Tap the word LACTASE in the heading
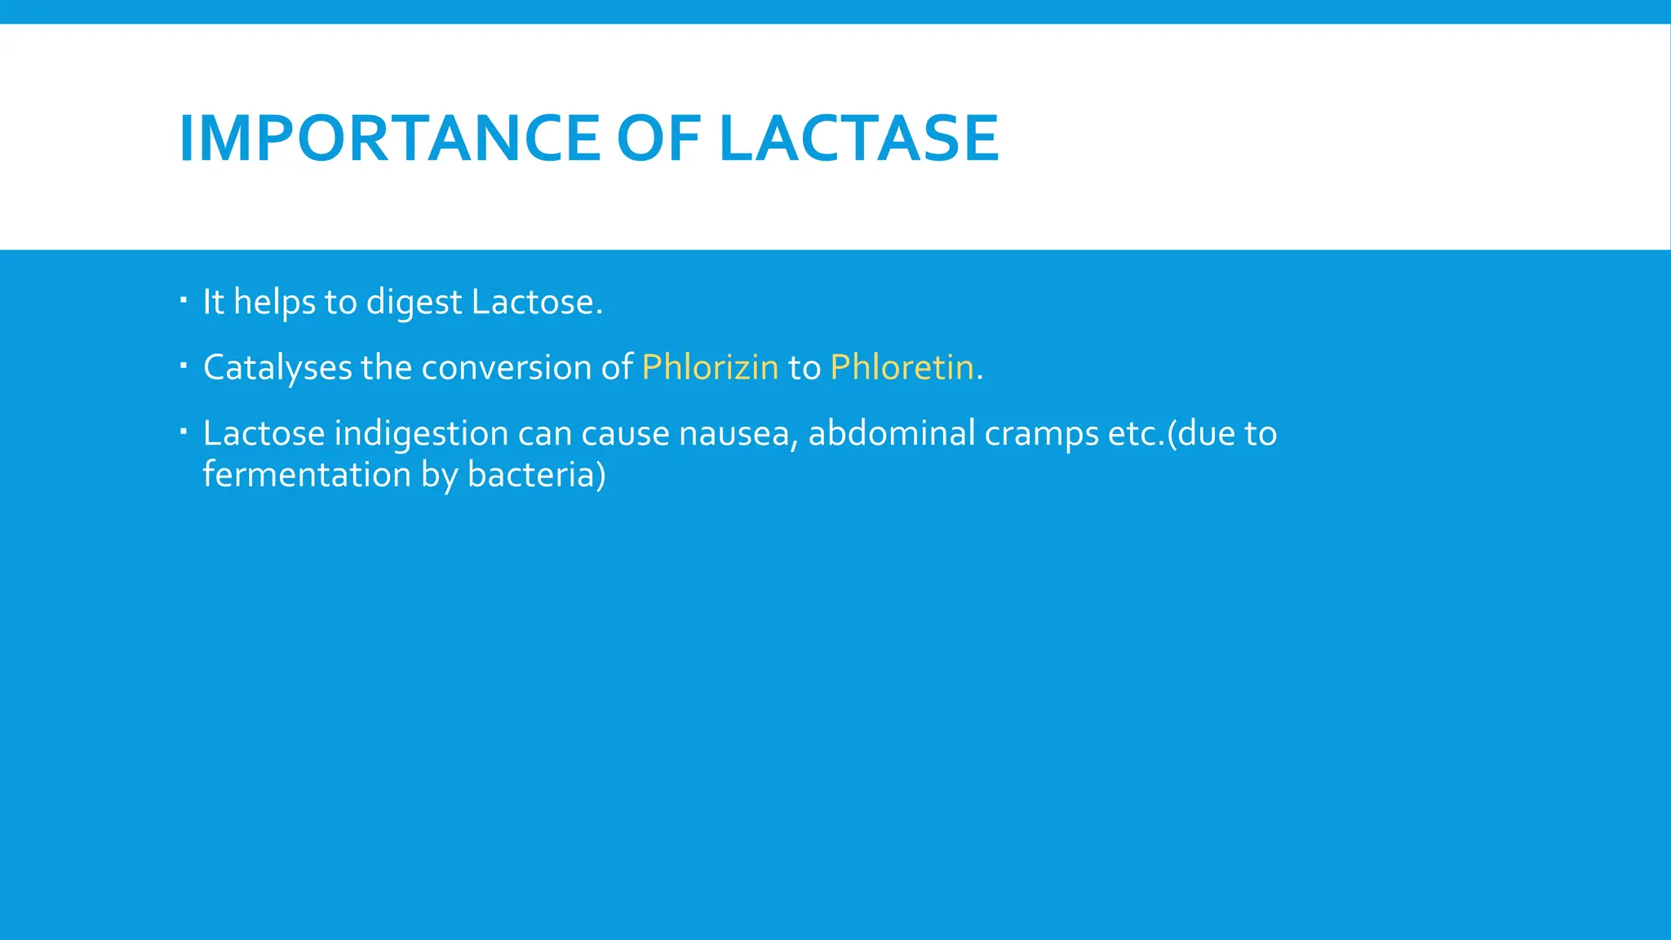[x=859, y=138]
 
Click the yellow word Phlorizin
[x=710, y=367]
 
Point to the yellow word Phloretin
[x=902, y=367]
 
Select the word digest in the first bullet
[x=414, y=303]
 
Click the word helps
[x=274, y=303]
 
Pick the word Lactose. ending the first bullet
[x=537, y=302]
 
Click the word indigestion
[x=421, y=433]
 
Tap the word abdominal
[x=891, y=432]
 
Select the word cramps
[x=1041, y=434]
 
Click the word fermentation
[x=307, y=474]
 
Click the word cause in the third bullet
[x=625, y=433]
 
